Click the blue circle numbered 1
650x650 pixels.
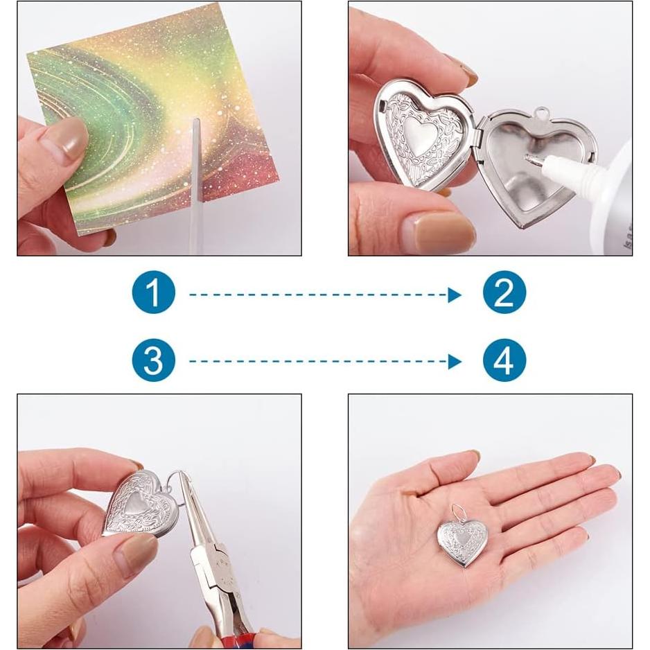(153, 294)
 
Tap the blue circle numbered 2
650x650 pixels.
(504, 294)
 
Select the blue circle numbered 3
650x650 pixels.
(153, 360)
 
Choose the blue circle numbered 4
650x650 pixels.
(504, 360)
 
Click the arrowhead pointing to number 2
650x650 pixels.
(455, 295)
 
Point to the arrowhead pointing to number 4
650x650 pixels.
(455, 361)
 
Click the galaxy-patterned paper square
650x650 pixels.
(139, 104)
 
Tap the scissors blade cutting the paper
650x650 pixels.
(195, 159)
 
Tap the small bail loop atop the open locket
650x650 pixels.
(541, 113)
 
